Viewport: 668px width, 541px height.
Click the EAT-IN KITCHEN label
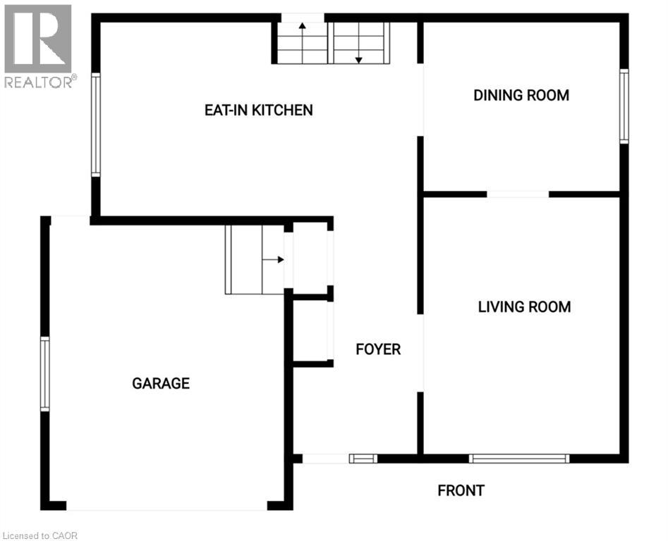(259, 110)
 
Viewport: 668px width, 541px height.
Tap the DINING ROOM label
(521, 95)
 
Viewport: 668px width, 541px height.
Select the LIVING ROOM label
(524, 306)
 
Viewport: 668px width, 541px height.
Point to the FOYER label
(378, 349)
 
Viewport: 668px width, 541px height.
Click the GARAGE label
(161, 383)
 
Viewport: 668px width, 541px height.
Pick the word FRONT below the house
(461, 490)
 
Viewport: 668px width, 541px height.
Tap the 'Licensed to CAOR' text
(40, 535)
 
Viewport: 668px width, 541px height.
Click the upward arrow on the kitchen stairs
(303, 43)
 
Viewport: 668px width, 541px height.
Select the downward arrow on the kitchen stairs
(359, 43)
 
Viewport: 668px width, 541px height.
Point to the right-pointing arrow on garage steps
(273, 259)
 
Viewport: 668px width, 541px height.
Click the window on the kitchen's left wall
(96, 125)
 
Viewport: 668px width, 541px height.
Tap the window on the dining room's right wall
(624, 106)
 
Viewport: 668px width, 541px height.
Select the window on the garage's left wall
(44, 374)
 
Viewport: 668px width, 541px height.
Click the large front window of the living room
(519, 459)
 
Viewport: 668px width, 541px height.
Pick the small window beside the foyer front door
(363, 459)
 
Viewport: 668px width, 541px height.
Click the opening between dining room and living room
(518, 194)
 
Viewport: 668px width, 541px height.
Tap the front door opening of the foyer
(326, 459)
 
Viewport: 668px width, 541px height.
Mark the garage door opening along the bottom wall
(166, 506)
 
